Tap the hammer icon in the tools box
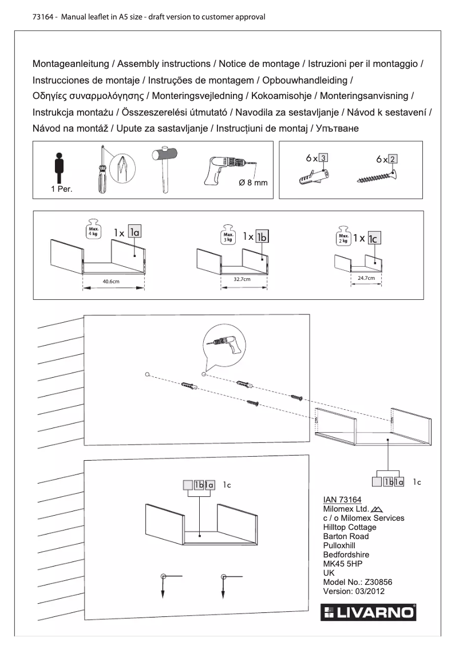coord(165,163)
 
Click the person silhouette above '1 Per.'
coord(58,167)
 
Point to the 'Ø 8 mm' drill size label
coord(252,183)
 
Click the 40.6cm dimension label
coord(110,282)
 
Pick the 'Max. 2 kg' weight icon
coord(344,236)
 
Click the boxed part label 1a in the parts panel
coord(134,232)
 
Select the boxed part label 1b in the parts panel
coord(262,236)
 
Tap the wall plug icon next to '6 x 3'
coord(314,177)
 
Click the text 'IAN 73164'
coord(342,500)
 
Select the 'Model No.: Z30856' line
coord(358,582)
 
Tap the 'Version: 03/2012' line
coord(354,591)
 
